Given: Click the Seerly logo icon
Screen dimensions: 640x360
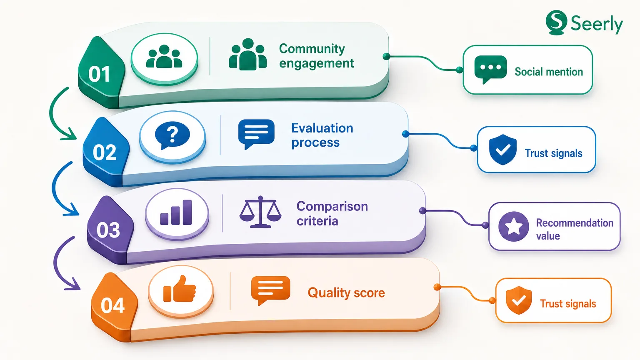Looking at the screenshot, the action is tap(556, 22).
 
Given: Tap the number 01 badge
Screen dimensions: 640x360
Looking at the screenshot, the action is tap(100, 72).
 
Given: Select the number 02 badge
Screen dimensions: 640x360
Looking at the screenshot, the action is tap(105, 151).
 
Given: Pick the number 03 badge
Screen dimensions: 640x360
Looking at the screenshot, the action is tap(110, 230).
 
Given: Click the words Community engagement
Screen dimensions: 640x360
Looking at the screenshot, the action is tap(316, 56).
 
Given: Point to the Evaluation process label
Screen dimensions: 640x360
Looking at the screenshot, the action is tap(322, 135).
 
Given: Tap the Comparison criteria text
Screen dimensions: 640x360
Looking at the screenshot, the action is tap(332, 213).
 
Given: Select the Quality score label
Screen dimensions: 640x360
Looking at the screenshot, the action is tap(346, 293).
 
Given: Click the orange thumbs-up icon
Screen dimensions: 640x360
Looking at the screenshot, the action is tap(180, 289).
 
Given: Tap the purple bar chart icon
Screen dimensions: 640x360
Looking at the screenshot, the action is tap(176, 212).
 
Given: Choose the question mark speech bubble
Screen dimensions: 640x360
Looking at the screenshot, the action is tap(172, 135).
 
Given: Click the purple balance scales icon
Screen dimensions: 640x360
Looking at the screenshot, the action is tap(260, 212).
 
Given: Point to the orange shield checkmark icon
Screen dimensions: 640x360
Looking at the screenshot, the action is tap(519, 300).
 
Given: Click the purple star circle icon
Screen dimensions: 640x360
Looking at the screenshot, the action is tap(513, 227).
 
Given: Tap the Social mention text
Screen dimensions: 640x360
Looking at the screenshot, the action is tap(549, 72).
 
